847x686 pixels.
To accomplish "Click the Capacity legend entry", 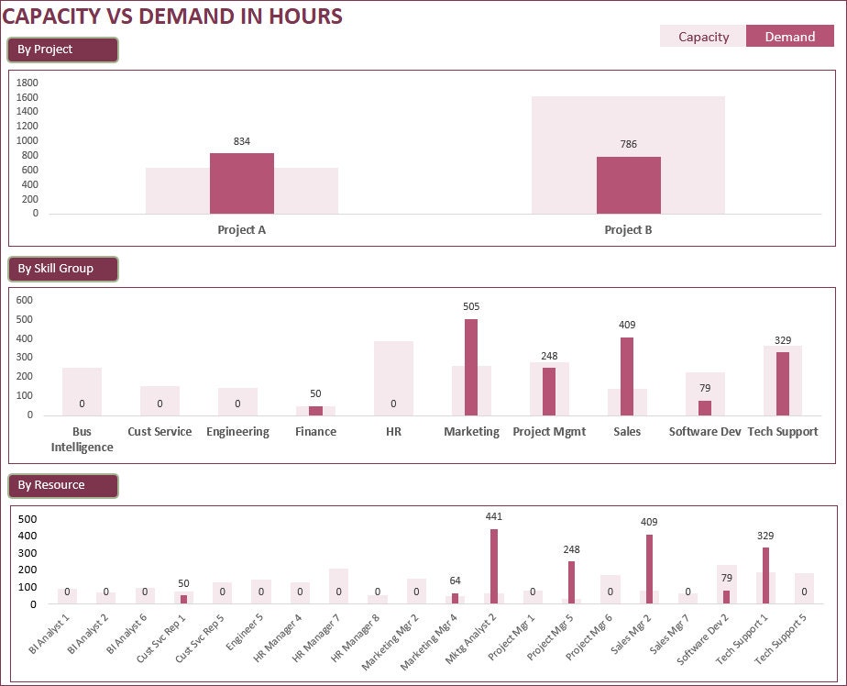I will (x=703, y=37).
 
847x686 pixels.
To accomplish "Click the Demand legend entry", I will (x=789, y=37).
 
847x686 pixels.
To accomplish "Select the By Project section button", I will (x=62, y=50).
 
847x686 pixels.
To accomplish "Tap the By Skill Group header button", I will (x=62, y=269).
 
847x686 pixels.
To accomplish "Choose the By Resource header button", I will (x=62, y=485).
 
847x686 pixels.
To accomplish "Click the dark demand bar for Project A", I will (x=242, y=183).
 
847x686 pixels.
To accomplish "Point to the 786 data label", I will (x=628, y=144).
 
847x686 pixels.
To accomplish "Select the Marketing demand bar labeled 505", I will (x=471, y=367).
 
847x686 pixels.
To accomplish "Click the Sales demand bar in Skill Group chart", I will (x=627, y=376).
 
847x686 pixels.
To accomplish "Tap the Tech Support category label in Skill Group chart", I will (x=783, y=432).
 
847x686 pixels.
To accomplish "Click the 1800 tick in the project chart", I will (x=27, y=83).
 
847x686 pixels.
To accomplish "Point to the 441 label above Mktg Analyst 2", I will (x=493, y=516).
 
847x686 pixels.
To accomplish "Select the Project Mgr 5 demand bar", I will (x=571, y=581).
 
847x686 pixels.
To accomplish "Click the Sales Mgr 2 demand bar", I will (x=649, y=569).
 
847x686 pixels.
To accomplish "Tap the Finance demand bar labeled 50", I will (x=315, y=411).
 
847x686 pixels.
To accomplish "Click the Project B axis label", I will (x=628, y=230).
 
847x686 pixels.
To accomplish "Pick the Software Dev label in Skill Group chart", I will (x=705, y=432).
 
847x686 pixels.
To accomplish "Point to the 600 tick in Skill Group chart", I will (x=24, y=300).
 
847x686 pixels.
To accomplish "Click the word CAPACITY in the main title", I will (x=54, y=17).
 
